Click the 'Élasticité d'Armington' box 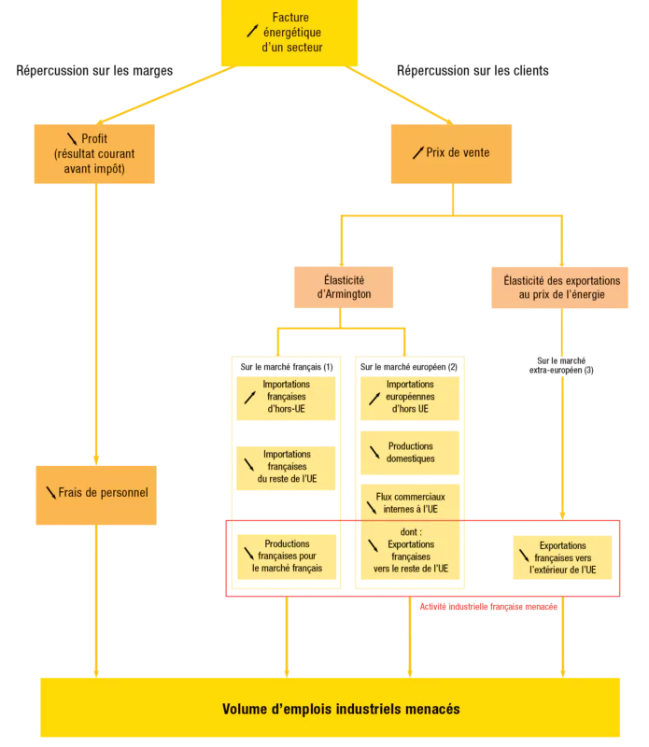coord(343,286)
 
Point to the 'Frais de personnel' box coord(94,492)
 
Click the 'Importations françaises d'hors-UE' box coord(286,396)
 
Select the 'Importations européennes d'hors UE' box coord(409,396)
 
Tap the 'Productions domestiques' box coord(409,452)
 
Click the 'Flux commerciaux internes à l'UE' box coord(409,502)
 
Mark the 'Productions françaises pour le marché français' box coord(286,556)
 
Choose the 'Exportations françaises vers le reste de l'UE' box coord(409,556)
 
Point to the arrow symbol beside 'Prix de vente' coord(417,152)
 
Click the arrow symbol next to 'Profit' coord(73,139)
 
